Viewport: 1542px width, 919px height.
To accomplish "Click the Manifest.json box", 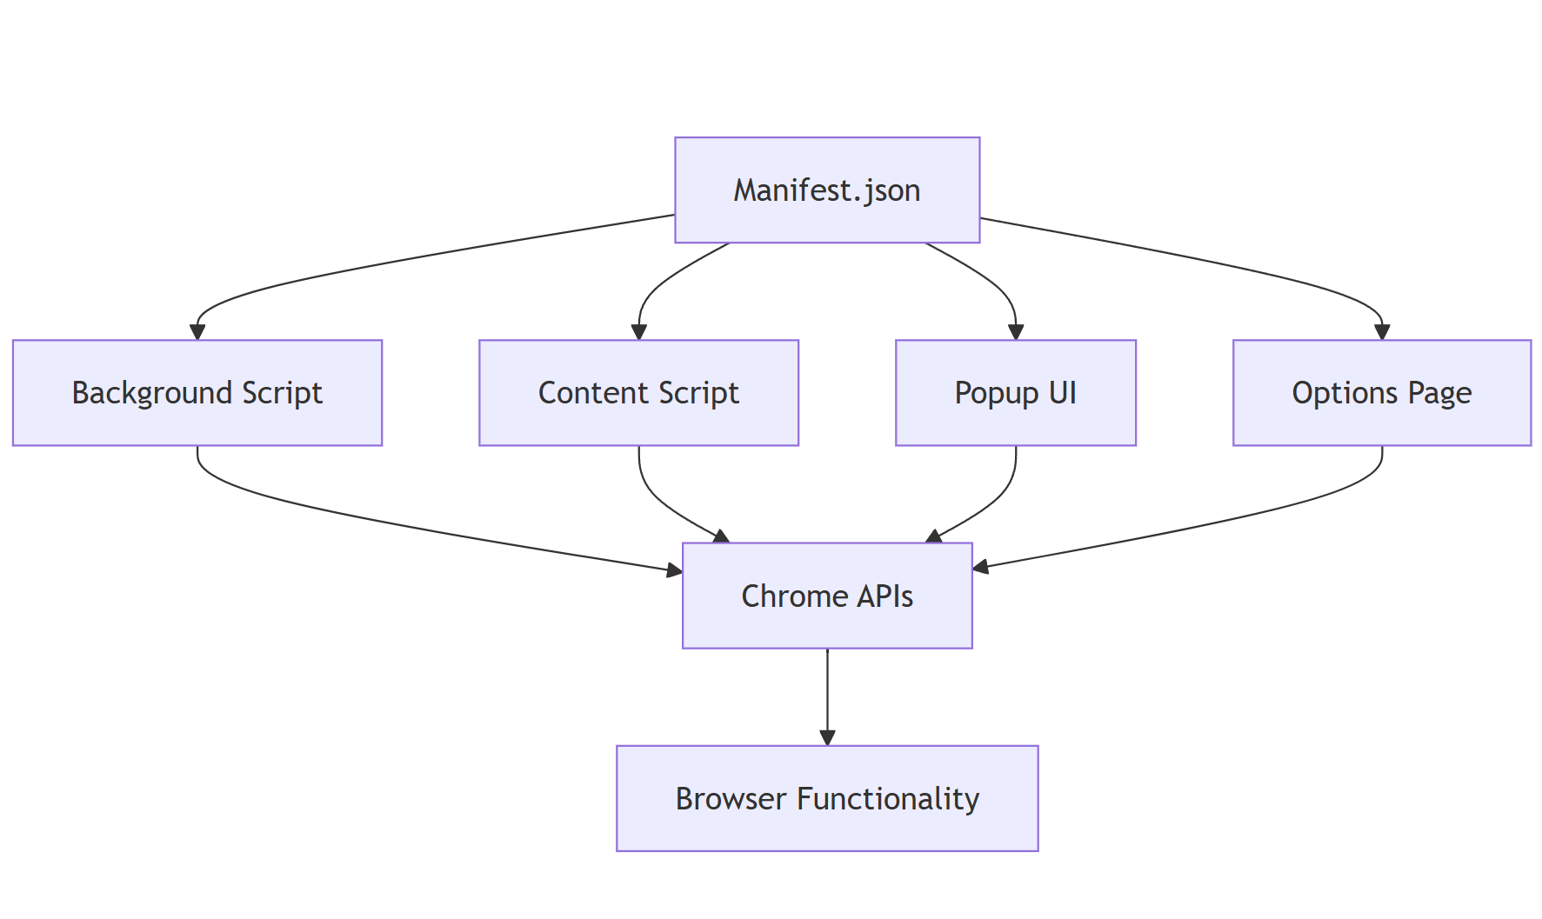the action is [x=827, y=190].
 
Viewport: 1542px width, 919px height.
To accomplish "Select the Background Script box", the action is [x=197, y=393].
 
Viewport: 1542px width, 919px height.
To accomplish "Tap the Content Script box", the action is [x=638, y=393].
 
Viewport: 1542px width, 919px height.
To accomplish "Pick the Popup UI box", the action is [x=1016, y=393].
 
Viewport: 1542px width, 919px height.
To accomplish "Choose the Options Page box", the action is [x=1382, y=393].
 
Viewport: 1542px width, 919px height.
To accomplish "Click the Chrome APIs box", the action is [x=827, y=596].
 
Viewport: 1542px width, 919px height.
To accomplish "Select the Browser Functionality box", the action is [x=827, y=798].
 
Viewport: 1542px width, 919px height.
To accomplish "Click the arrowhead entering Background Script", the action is [x=197, y=332].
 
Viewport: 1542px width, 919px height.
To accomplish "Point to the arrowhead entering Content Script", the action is [x=639, y=332].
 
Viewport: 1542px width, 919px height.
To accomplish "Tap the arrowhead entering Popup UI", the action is [x=1016, y=332].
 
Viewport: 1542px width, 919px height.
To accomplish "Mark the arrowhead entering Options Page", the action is [x=1382, y=332].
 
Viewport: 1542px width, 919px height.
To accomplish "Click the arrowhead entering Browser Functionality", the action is [x=827, y=738].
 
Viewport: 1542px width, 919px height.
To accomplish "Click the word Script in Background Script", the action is [x=282, y=394].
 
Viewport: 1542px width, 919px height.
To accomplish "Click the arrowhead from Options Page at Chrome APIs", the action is [x=981, y=568].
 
